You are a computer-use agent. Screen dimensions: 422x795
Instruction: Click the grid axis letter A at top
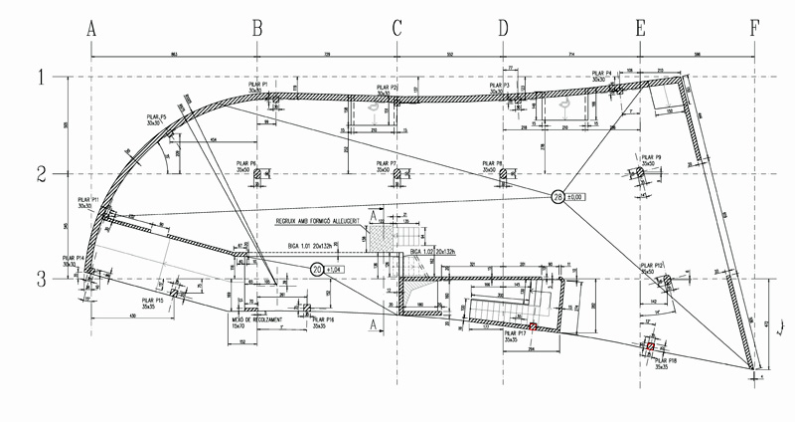tap(91, 29)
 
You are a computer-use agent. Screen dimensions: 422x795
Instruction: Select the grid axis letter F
tap(754, 29)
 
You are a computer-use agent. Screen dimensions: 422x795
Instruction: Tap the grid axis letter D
tap(502, 29)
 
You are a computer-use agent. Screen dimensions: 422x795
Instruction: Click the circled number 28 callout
tap(557, 197)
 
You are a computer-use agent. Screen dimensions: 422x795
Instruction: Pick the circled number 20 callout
tap(317, 269)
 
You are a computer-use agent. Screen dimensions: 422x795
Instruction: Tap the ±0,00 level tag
tap(578, 197)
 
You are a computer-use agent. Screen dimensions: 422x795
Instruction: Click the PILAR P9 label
tap(652, 160)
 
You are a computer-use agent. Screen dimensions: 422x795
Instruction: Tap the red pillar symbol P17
tap(533, 326)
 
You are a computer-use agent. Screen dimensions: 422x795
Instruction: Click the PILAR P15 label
tap(152, 303)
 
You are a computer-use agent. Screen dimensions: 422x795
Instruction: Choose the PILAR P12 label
tap(652, 268)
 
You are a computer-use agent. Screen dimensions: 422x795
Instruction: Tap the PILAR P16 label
tap(323, 321)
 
